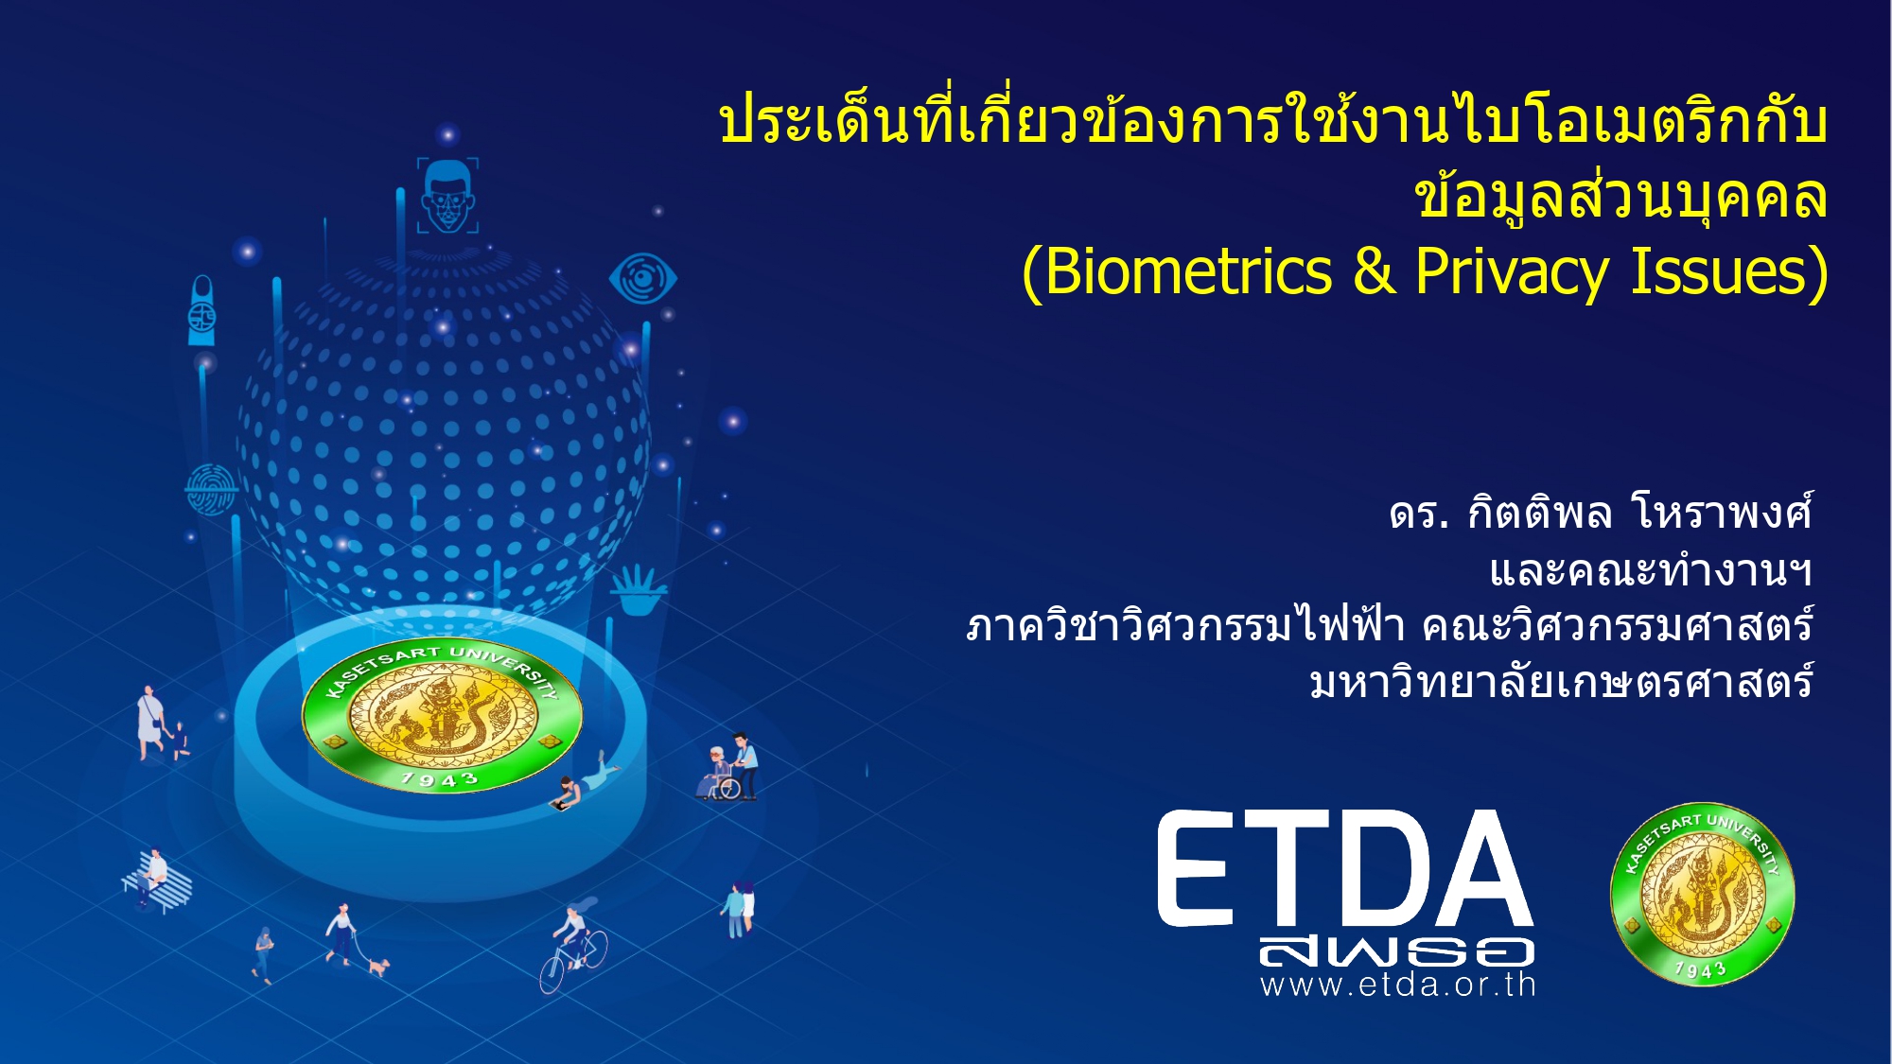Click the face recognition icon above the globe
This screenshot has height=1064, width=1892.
447,195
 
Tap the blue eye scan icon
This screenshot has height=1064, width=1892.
642,279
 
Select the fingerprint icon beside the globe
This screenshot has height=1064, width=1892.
210,488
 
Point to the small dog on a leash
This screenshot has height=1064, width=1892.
378,967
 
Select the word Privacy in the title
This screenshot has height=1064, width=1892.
1512,273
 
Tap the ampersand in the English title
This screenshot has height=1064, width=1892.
1374,271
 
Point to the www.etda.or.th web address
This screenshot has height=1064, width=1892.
1397,985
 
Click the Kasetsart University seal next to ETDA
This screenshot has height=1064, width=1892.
1702,894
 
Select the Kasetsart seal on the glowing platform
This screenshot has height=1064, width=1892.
442,716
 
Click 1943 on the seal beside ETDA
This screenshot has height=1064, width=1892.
1700,969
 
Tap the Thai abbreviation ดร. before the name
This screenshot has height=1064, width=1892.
1419,515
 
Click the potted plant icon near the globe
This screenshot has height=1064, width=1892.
638,589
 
